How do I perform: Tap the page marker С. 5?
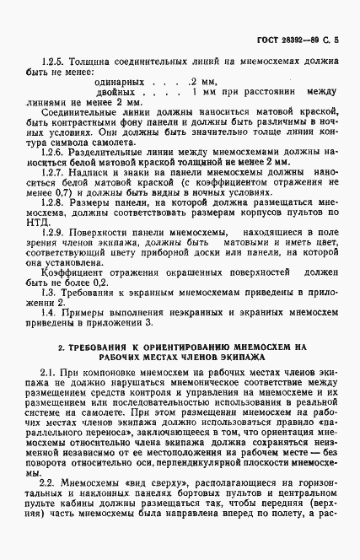[332, 39]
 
